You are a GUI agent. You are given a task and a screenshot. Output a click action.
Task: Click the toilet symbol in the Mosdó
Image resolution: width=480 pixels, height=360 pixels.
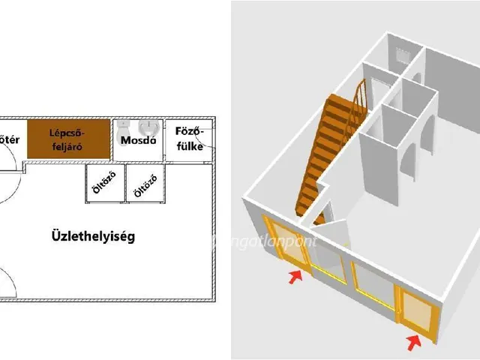(x=125, y=125)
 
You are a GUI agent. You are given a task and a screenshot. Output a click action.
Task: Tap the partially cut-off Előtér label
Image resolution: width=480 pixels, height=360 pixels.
(x=8, y=139)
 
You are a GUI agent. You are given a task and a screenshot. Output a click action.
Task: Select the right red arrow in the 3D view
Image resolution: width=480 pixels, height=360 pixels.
(x=412, y=343)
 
